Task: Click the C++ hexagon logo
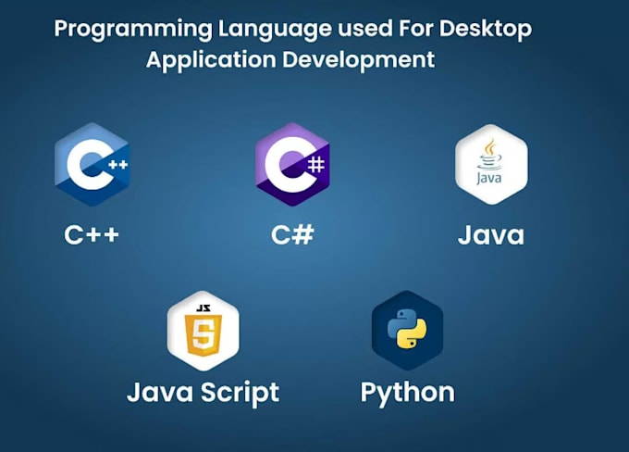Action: (x=92, y=164)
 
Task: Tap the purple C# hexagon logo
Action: (x=292, y=164)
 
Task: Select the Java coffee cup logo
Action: (x=490, y=164)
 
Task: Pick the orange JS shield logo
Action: (x=203, y=331)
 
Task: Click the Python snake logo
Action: (x=407, y=331)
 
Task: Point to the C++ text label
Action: (x=92, y=234)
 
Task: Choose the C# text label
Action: (x=292, y=234)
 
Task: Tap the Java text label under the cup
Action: (x=490, y=235)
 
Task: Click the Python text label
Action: (x=407, y=393)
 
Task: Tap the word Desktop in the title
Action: (x=488, y=29)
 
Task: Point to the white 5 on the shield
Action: (x=203, y=338)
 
